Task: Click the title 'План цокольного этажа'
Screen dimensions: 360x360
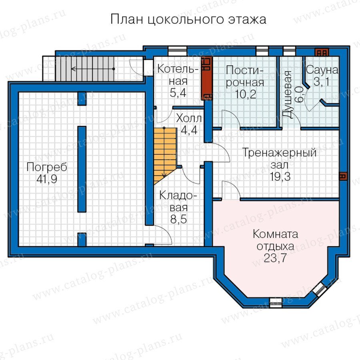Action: [188, 20]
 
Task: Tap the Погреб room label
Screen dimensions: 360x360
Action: [47, 167]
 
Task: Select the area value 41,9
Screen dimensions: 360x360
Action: [47, 179]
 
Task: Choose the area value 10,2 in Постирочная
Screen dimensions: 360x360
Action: [246, 94]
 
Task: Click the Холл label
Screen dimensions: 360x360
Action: [189, 118]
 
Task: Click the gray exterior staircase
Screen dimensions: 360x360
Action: [85, 69]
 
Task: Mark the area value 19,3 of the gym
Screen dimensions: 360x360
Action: [280, 177]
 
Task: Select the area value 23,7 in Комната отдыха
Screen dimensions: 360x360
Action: [275, 258]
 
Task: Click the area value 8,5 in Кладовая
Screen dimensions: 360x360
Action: [178, 219]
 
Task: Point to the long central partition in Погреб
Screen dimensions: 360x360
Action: [82, 169]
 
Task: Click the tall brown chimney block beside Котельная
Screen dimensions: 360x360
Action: [207, 78]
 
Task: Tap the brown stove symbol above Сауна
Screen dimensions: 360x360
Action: [322, 52]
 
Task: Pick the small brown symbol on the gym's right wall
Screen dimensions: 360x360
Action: [343, 176]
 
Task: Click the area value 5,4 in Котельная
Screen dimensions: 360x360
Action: [178, 93]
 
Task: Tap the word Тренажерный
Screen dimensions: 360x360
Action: [280, 153]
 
